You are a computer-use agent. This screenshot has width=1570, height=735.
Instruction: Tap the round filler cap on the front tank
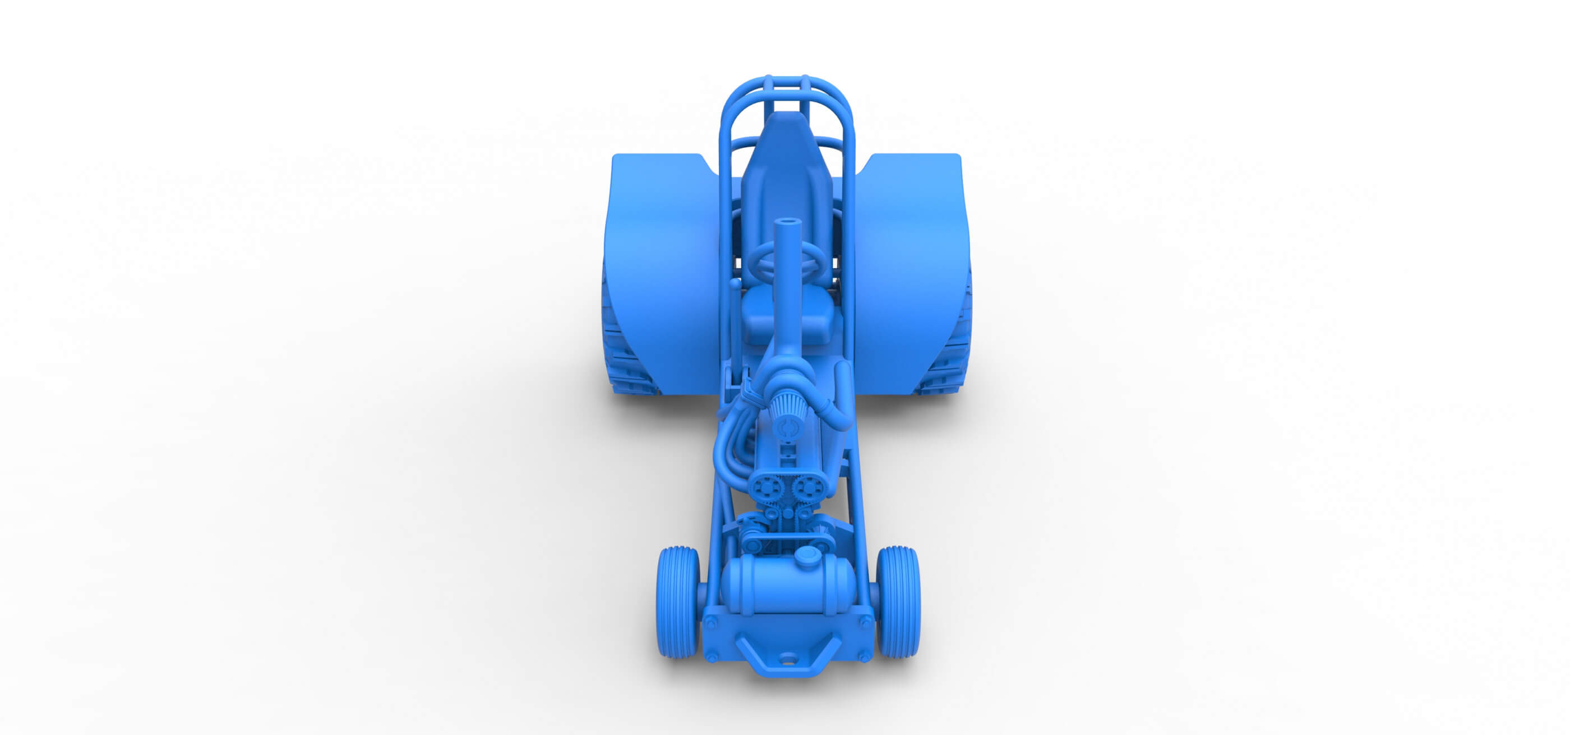[808, 555]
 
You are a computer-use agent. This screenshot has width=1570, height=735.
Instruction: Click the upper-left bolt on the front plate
[710, 621]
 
